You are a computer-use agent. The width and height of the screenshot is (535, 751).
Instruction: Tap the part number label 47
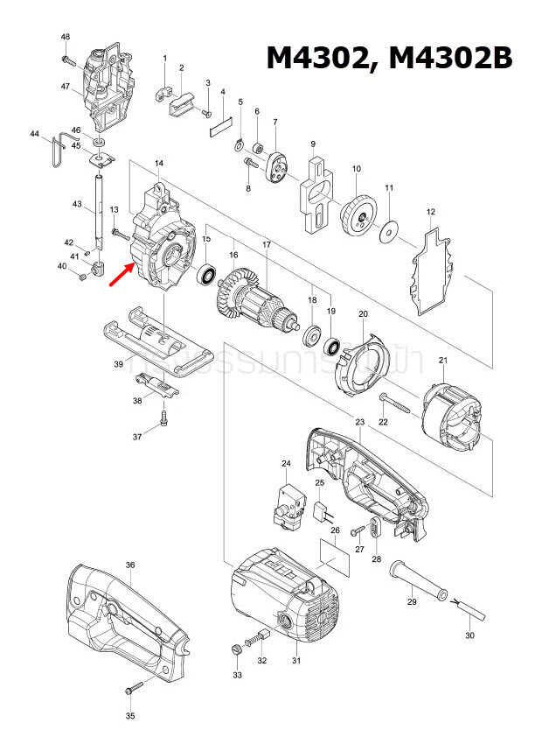pyautogui.click(x=66, y=86)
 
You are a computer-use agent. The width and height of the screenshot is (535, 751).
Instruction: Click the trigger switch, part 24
pyautogui.click(x=289, y=506)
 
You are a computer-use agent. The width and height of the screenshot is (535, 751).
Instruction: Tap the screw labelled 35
pyautogui.click(x=134, y=689)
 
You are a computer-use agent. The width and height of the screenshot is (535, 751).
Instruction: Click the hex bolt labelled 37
pyautogui.click(x=163, y=423)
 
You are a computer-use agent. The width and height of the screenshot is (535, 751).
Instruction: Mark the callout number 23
pyautogui.click(x=359, y=423)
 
